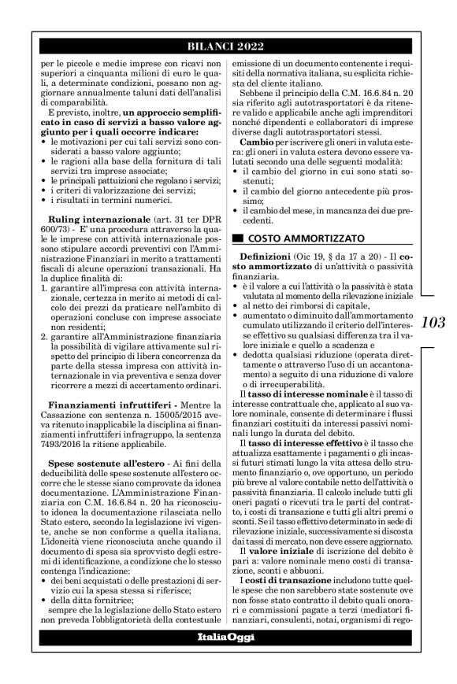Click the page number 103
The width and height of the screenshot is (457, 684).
[x=433, y=322]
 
